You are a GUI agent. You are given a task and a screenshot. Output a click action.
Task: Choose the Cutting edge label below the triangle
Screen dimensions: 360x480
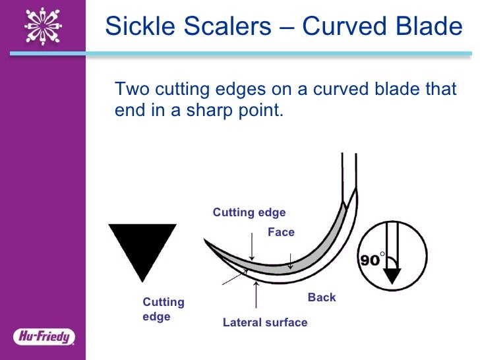[x=164, y=309]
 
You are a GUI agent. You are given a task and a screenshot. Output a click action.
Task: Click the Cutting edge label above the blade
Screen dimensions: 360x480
[x=249, y=212]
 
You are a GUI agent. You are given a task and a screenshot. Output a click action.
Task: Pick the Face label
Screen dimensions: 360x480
[x=281, y=232]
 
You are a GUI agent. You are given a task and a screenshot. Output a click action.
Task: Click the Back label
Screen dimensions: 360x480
[x=322, y=297]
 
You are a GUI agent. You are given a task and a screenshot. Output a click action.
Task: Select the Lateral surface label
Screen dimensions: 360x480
[x=265, y=322]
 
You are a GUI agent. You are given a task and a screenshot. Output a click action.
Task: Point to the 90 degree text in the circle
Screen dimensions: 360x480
[x=371, y=260]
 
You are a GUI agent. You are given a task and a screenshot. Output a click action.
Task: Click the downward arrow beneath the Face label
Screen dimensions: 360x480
[x=290, y=260]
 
